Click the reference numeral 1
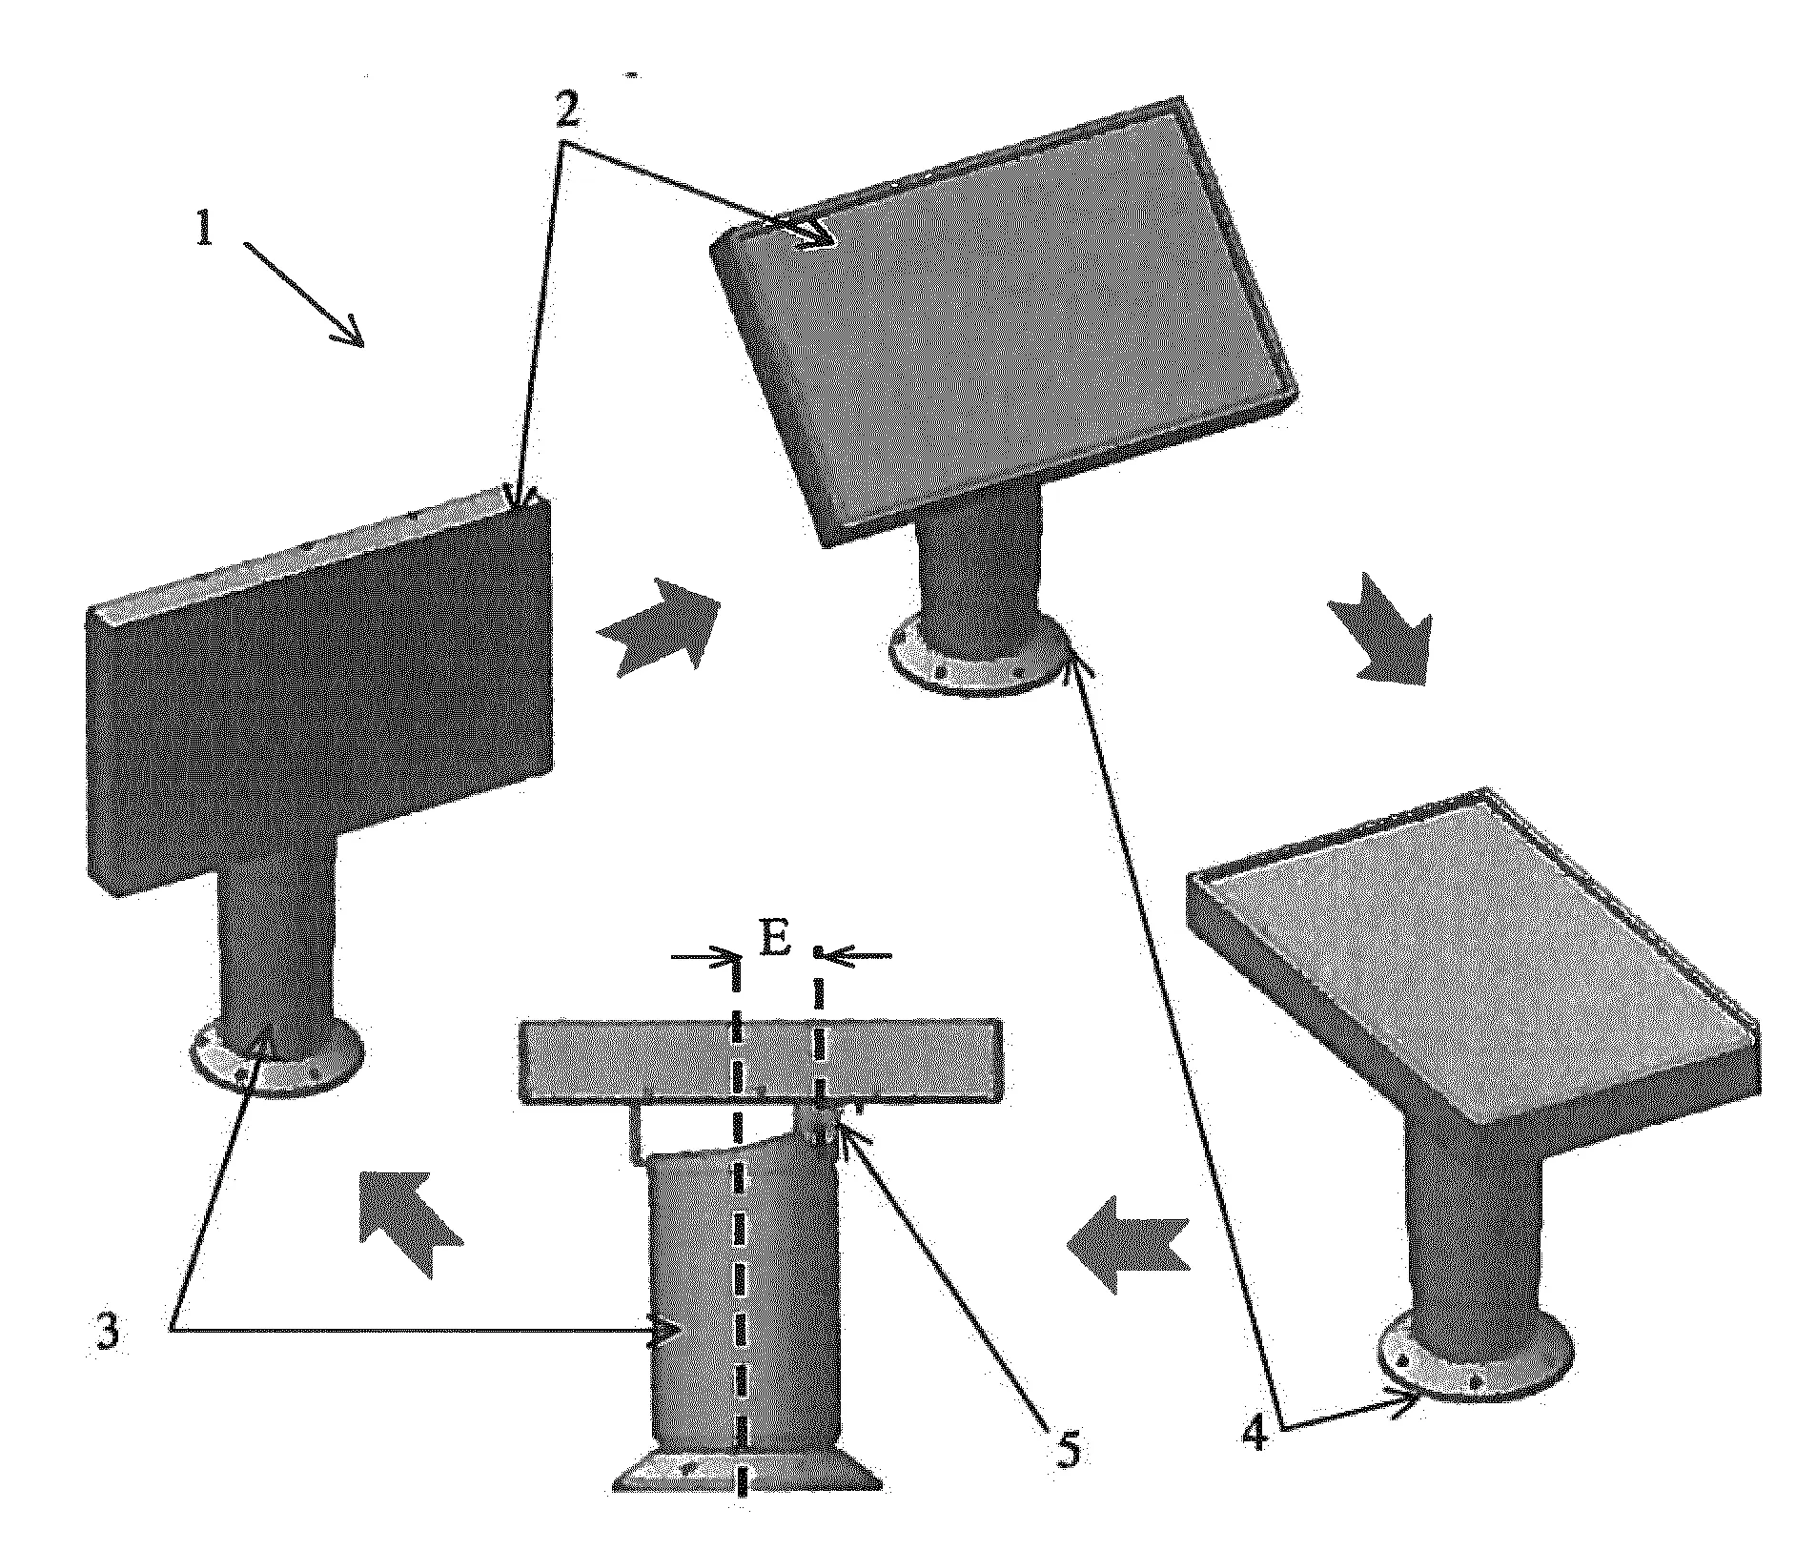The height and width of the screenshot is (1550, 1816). [203, 228]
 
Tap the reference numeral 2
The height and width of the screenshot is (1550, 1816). [565, 112]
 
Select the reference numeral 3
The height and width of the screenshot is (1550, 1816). [108, 1333]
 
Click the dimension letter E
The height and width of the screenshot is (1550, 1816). [775, 941]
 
